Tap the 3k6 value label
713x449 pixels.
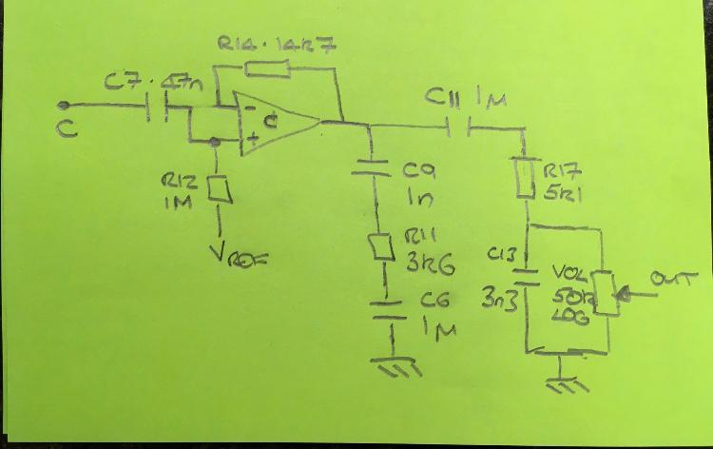424,264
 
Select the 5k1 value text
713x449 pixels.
564,192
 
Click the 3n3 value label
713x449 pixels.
497,301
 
